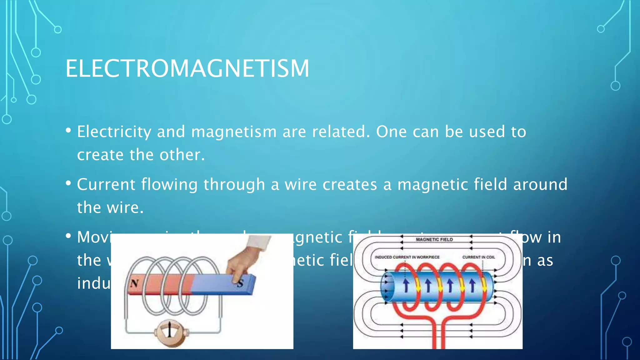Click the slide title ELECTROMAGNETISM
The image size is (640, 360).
point(187,69)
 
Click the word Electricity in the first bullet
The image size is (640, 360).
point(114,132)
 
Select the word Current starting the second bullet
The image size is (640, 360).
point(106,184)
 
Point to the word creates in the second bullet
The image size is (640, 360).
point(350,184)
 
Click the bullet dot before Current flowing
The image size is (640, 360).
point(68,183)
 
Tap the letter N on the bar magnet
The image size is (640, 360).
point(135,284)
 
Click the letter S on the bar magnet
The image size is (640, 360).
point(240,284)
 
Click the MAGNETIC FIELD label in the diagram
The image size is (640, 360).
point(434,239)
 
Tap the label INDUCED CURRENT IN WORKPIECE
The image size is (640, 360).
point(407,257)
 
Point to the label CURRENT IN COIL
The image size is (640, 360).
point(478,257)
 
